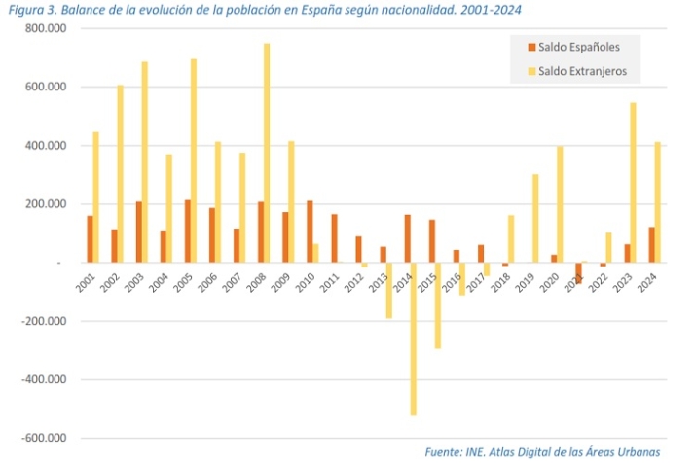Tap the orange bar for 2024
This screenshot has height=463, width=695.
[650, 244]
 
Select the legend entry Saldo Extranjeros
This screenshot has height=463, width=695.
[582, 70]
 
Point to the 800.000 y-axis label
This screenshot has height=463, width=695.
[45, 28]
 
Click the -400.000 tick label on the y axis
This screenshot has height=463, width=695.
[43, 379]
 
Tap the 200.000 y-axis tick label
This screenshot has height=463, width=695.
[45, 204]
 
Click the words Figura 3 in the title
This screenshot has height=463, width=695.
[30, 9]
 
